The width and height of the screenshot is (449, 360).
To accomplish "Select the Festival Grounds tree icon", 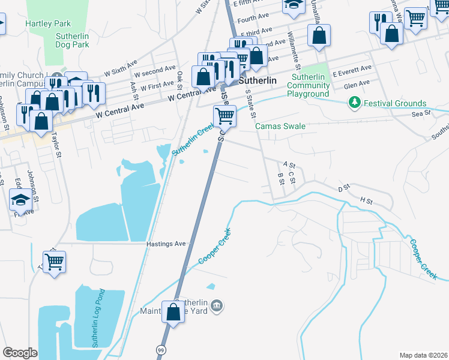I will [355, 103].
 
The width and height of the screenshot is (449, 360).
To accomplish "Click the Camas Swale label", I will [280, 127].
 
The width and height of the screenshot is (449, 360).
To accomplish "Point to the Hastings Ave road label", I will [166, 244].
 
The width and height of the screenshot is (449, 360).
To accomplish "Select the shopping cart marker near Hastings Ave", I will [54, 262].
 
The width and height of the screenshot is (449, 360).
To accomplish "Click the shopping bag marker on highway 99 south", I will [173, 312].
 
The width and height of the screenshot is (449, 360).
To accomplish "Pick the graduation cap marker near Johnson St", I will [21, 200].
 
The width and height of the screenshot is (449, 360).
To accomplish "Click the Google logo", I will [20, 353].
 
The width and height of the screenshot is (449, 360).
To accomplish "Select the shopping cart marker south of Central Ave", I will [224, 115].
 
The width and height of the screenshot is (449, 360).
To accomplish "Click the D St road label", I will [343, 189].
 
